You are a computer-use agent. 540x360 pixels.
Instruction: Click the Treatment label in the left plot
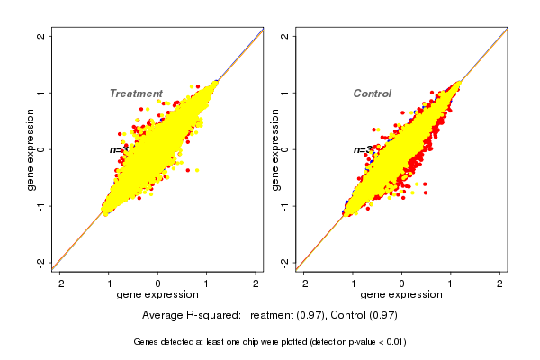coord(136,94)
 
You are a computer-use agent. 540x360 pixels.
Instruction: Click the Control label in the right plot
coord(372,94)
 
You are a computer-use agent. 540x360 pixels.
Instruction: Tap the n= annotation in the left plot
coord(117,150)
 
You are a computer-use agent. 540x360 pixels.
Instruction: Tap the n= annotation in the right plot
coord(360,150)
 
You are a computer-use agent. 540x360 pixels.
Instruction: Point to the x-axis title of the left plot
coord(157,295)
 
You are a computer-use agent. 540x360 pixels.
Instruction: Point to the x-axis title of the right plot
coord(400,295)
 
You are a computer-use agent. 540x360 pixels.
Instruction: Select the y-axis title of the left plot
coord(31,150)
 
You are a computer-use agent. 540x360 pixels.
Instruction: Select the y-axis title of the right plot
coord(275,150)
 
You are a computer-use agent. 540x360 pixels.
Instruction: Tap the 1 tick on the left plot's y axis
coord(41,93)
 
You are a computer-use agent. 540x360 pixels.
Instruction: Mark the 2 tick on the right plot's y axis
coord(285,36)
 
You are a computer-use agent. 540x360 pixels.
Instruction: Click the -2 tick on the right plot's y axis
coord(285,263)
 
